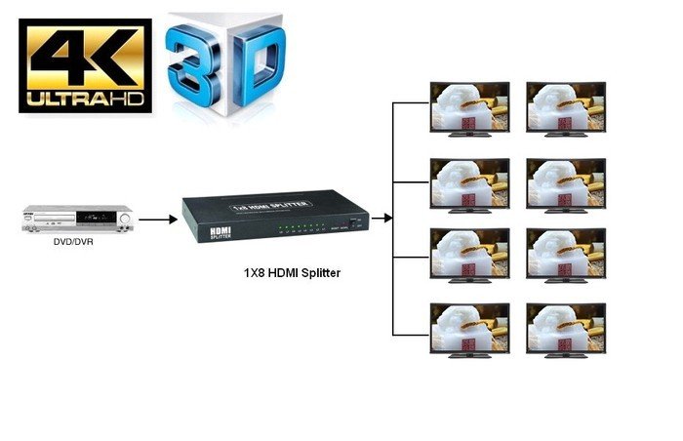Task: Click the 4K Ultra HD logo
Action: click(x=85, y=67)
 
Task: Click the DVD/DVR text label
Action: click(x=74, y=245)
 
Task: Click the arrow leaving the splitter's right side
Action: click(x=382, y=219)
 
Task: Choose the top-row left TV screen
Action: click(x=470, y=106)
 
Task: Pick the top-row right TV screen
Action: click(x=565, y=106)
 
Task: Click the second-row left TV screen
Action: click(x=470, y=181)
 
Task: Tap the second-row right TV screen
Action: click(x=565, y=181)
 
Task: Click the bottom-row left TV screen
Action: click(x=470, y=329)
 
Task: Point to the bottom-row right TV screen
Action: click(x=565, y=329)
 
